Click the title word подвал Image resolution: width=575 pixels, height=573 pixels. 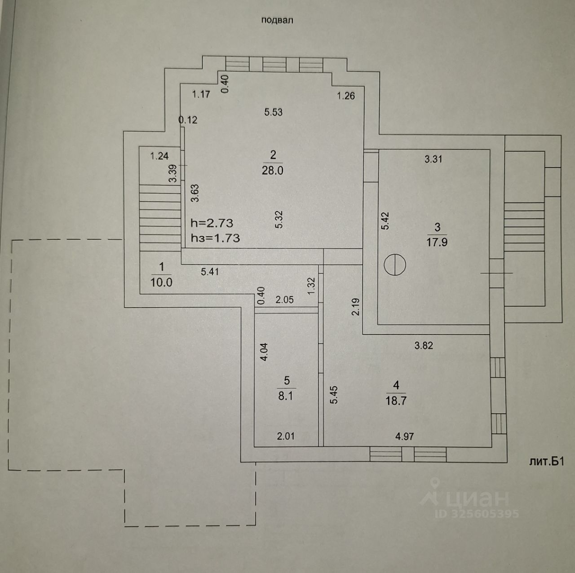[x=277, y=20]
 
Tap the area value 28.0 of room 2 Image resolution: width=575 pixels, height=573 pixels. [x=273, y=171]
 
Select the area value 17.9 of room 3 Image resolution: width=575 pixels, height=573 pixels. [x=438, y=242]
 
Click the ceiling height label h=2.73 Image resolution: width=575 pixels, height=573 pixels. [x=212, y=223]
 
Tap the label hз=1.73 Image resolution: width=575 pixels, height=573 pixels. [x=215, y=238]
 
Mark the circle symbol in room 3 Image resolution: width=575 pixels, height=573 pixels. [x=395, y=264]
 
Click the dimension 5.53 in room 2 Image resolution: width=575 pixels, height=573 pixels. [x=273, y=112]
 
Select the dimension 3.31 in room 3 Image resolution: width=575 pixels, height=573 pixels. [x=433, y=159]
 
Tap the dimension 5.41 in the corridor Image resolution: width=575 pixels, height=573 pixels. [x=210, y=271]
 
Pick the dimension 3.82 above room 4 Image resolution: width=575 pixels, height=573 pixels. [x=424, y=345]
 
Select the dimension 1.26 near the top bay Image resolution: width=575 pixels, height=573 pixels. [x=346, y=95]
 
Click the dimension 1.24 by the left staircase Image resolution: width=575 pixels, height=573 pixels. [x=159, y=156]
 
